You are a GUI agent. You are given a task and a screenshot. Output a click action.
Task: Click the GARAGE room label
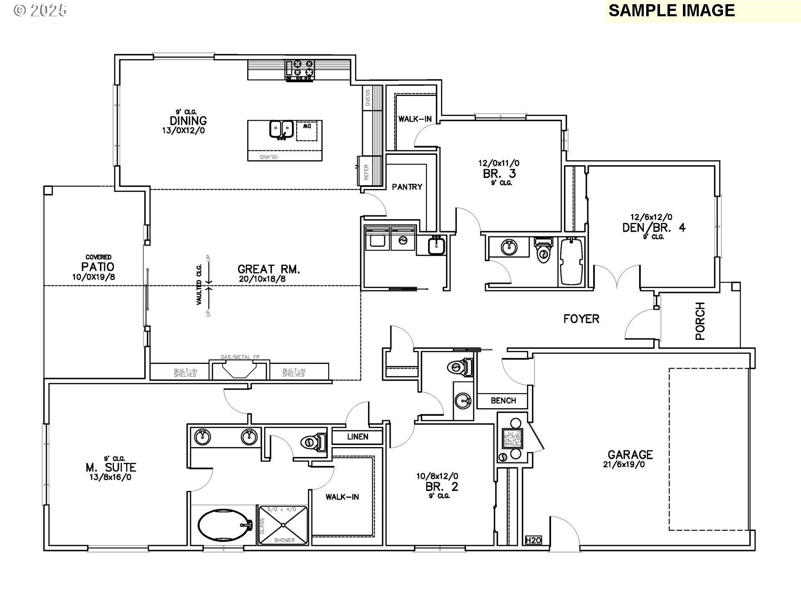point(630,455)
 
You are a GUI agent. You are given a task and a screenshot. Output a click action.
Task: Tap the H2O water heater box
point(533,540)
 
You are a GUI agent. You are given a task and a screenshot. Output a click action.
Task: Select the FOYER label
point(581,319)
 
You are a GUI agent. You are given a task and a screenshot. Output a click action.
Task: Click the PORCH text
point(700,321)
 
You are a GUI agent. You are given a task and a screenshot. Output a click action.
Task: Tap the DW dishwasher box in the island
point(307,131)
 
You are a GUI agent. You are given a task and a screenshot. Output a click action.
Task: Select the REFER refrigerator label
point(366,172)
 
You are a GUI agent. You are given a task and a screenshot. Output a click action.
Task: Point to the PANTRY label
point(407,187)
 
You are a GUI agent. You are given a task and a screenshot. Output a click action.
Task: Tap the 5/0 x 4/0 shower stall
point(284,525)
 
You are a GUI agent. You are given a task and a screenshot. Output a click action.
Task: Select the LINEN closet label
point(358,437)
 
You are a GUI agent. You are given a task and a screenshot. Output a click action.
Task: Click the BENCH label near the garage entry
point(503,401)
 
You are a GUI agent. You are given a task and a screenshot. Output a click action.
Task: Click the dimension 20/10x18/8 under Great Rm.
point(262,279)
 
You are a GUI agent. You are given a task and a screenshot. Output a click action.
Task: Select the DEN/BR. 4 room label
point(654,228)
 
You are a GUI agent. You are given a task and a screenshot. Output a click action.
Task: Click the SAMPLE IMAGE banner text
point(671,10)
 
